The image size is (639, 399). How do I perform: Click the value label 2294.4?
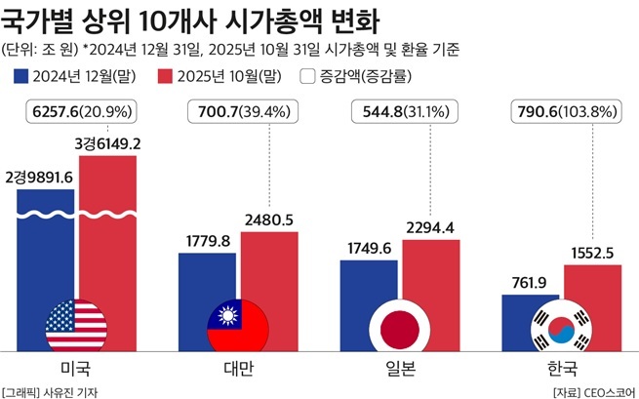433,228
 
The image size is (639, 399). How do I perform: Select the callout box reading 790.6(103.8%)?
565,113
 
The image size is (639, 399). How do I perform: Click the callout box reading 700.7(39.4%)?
240,113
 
